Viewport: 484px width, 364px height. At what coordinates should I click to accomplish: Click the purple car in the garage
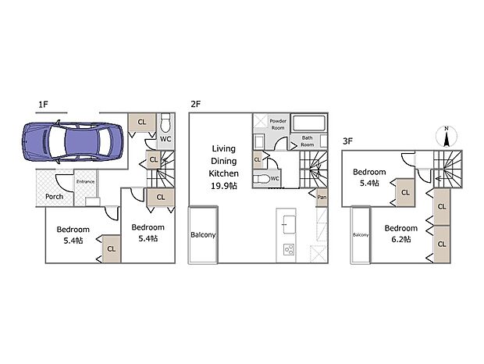tap(73, 142)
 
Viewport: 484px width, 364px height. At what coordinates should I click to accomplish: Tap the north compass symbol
tap(446, 136)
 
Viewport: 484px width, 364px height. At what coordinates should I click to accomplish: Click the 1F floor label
tap(43, 105)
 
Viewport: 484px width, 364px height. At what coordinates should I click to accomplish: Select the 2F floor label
tap(196, 104)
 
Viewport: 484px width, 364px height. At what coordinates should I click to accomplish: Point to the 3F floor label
tap(348, 141)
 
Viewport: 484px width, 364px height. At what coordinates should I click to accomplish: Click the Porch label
tap(55, 197)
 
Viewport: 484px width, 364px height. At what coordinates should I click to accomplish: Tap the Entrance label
tap(86, 181)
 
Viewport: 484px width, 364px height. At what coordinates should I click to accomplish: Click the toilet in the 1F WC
tap(165, 123)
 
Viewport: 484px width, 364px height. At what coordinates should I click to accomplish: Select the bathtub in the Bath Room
tap(309, 123)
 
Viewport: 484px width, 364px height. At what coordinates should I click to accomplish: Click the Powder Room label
tap(278, 124)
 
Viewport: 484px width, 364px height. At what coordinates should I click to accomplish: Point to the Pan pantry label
tap(322, 197)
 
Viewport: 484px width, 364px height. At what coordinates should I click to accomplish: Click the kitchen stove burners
tap(289, 249)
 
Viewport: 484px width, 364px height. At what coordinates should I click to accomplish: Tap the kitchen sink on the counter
tap(289, 224)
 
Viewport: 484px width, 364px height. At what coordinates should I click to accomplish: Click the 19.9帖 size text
tap(224, 186)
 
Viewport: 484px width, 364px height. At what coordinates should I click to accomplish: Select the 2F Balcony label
tap(203, 235)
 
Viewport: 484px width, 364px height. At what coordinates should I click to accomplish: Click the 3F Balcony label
tap(361, 235)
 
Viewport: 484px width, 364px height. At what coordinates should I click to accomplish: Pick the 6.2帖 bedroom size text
tap(401, 239)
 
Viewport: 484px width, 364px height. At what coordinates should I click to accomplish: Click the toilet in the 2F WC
tap(262, 179)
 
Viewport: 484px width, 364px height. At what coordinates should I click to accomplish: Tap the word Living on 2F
tap(224, 148)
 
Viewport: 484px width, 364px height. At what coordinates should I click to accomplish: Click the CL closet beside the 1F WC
tap(142, 123)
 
